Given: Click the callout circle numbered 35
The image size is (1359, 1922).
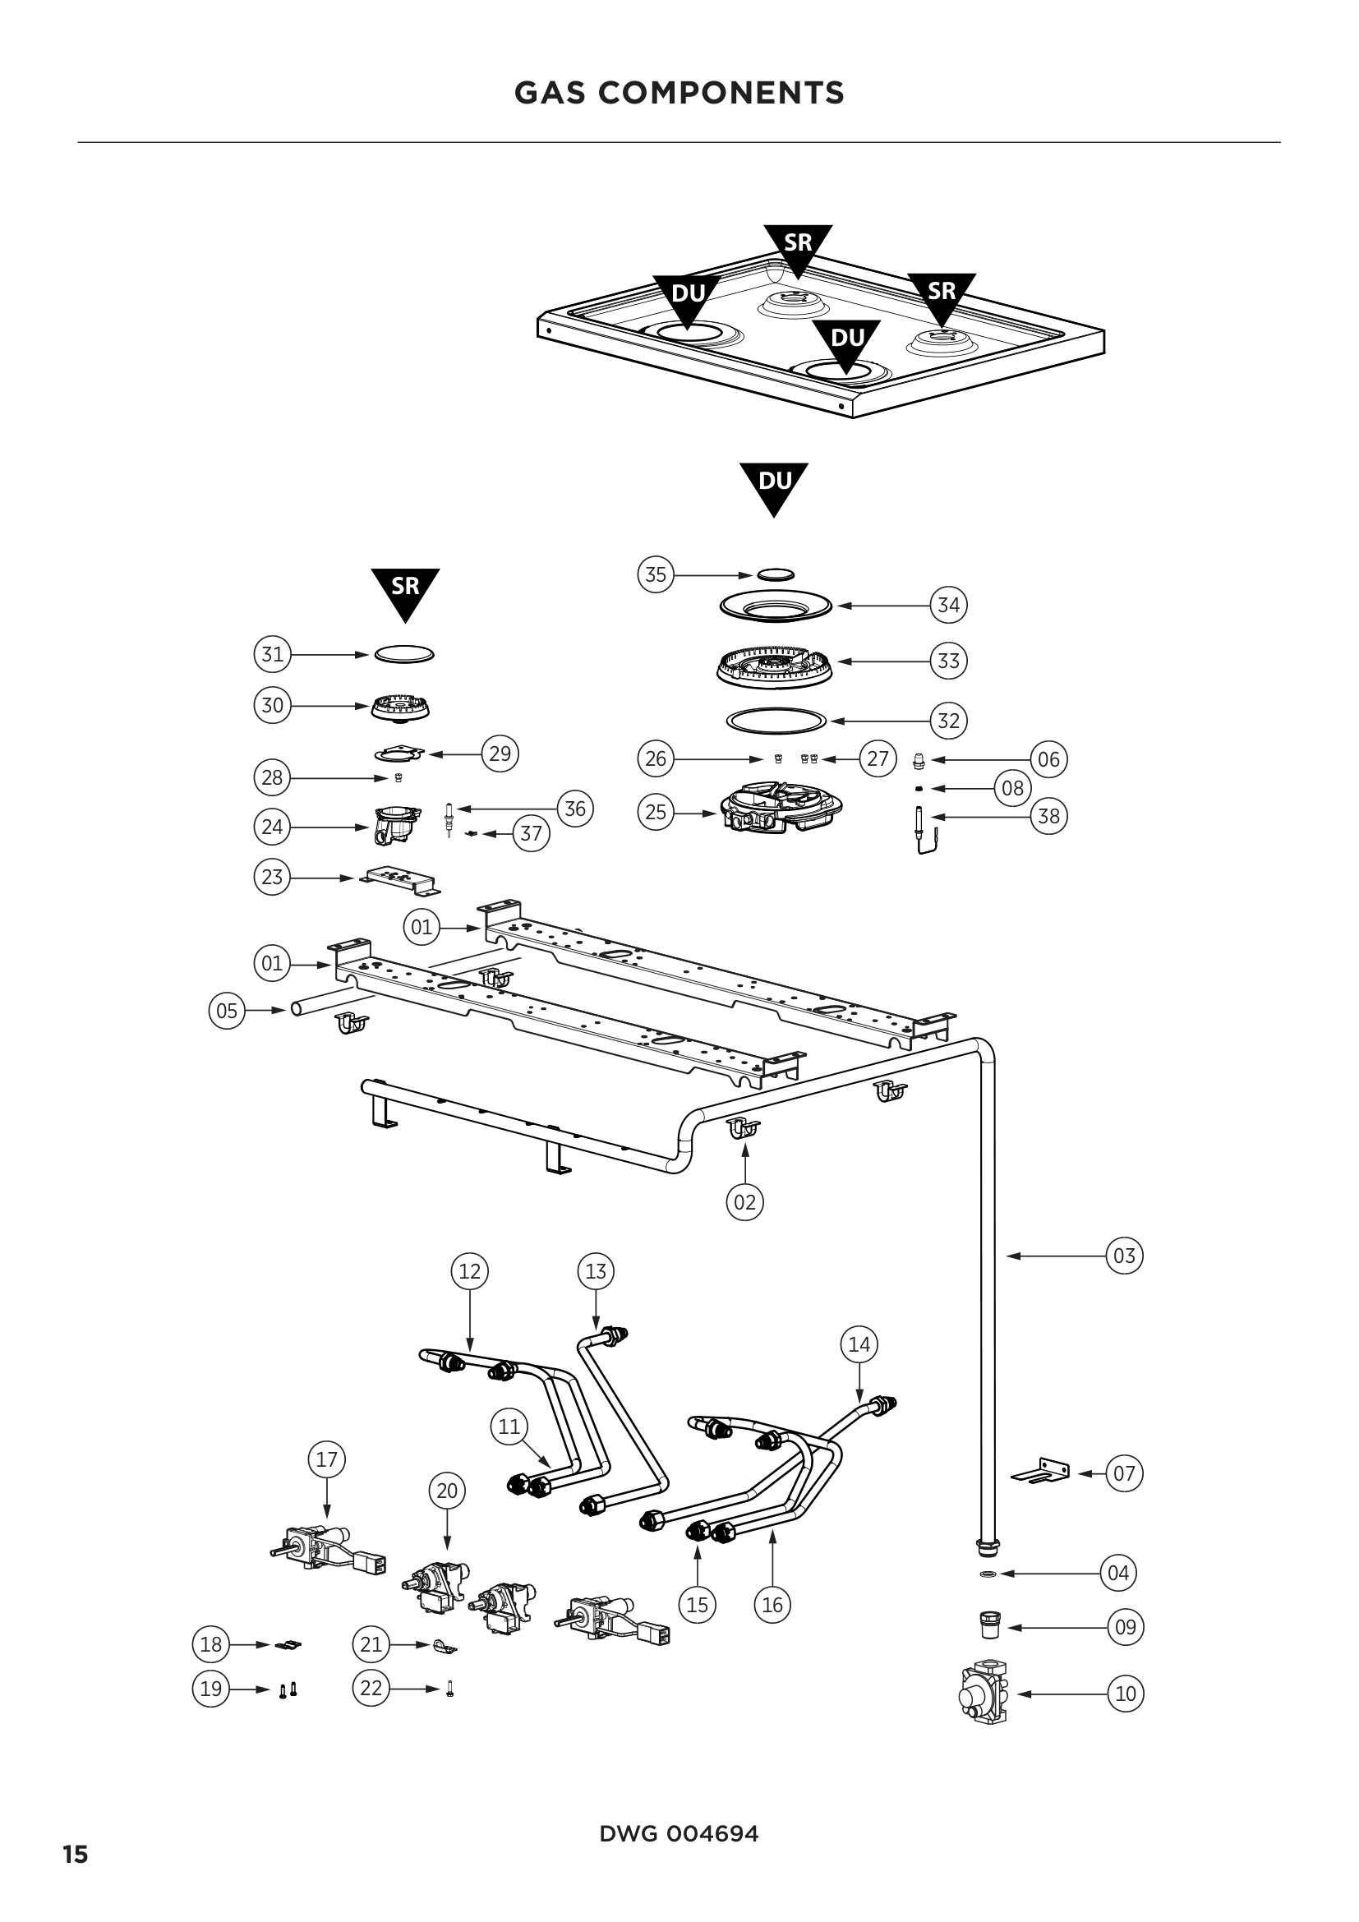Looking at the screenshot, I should (x=655, y=574).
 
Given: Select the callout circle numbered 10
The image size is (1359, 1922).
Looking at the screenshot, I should (x=1126, y=1694).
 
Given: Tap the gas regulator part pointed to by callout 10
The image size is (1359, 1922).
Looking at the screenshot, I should (x=985, y=1694).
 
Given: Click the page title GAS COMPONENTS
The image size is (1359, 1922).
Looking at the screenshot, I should (x=679, y=93).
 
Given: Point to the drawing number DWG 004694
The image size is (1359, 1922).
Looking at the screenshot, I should (x=679, y=1833).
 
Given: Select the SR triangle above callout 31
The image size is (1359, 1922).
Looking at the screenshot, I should (x=405, y=590).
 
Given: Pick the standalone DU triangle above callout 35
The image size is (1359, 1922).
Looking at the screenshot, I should (x=774, y=485).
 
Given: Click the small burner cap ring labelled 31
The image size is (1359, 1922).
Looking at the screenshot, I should (x=404, y=654).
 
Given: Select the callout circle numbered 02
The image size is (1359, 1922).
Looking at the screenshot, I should (x=744, y=1202).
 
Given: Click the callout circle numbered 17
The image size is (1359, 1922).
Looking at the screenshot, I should (x=326, y=1460).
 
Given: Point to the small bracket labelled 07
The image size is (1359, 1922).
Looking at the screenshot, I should (x=1043, y=1473).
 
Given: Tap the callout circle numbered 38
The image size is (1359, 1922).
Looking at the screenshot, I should (x=1048, y=815).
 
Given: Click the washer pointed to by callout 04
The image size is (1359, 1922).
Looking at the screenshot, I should (x=988, y=1574).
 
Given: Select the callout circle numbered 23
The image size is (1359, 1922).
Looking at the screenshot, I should (x=272, y=878).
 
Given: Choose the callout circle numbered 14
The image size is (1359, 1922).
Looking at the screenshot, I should (x=859, y=1344).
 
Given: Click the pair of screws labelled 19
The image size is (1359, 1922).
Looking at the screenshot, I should (x=287, y=1690).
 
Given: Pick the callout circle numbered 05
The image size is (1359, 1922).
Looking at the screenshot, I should (x=227, y=1011).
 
